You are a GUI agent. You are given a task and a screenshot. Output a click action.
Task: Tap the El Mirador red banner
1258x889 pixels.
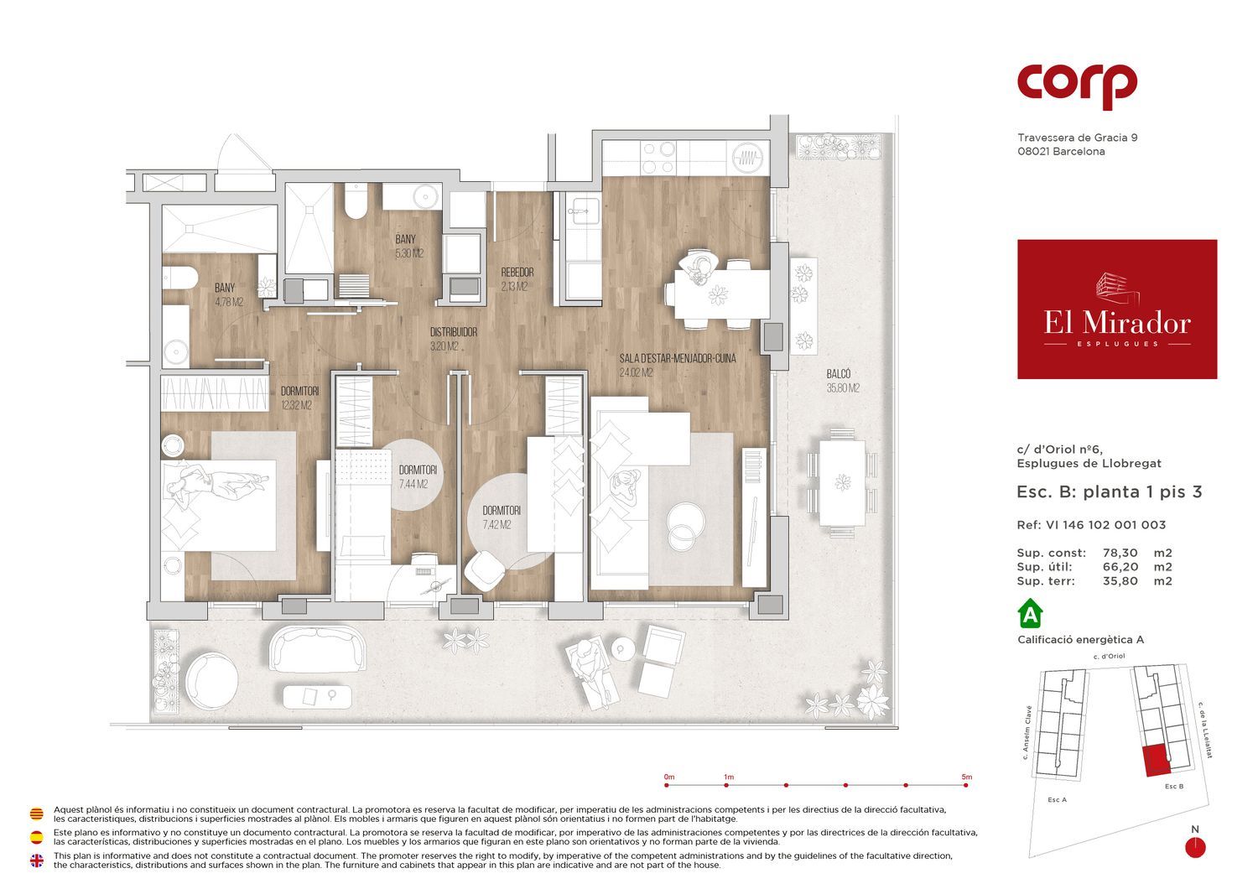[1117, 309]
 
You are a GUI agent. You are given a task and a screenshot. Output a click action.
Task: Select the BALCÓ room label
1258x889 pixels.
[839, 374]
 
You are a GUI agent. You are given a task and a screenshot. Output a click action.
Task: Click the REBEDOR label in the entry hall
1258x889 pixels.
[517, 273]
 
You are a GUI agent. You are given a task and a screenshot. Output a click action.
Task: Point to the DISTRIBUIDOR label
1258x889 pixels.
[454, 332]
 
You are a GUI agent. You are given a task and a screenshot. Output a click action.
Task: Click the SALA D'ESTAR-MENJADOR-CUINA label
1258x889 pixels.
[678, 358]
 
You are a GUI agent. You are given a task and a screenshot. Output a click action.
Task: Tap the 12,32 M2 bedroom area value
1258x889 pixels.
[297, 405]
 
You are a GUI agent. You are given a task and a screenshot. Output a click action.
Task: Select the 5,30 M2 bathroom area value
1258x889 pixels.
[409, 253]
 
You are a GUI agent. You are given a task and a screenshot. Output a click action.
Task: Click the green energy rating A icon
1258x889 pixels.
[1030, 615]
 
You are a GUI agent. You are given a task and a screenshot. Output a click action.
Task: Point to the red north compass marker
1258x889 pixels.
[1195, 847]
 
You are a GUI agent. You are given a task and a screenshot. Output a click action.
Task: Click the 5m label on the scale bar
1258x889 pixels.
[966, 777]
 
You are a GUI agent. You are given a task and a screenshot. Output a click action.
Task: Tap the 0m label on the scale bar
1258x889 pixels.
[669, 777]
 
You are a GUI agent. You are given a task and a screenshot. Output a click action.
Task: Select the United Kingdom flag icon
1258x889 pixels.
[37, 860]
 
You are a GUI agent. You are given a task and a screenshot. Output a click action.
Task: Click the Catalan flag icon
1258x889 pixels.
[37, 814]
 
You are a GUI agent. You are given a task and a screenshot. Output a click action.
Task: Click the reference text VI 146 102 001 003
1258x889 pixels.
[1106, 525]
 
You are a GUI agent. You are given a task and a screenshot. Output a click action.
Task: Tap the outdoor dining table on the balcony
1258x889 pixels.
[842, 482]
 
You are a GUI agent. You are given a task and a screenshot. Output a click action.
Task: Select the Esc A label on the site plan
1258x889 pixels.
[1057, 800]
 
